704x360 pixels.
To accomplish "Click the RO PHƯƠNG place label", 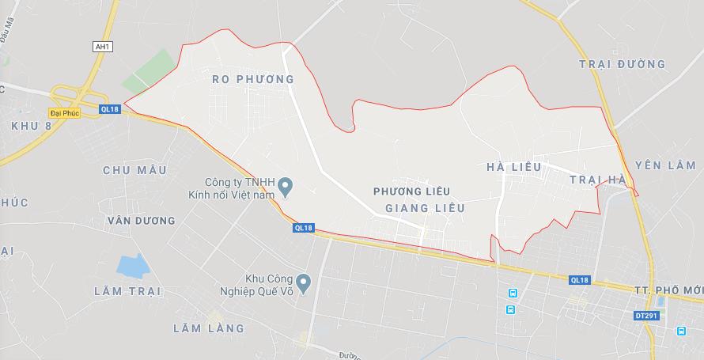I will (x=253, y=79).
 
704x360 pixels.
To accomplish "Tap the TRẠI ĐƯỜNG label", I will (x=623, y=64).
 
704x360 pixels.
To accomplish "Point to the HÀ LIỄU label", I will (x=514, y=167).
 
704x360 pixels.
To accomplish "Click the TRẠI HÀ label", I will (x=598, y=180).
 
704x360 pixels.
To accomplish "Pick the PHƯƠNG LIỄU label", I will (x=411, y=191).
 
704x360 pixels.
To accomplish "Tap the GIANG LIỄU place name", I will (x=424, y=207).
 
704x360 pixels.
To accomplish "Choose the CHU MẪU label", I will (x=134, y=170).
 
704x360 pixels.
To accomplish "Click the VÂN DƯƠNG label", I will (x=141, y=221).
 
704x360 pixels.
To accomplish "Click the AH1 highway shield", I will (x=102, y=47).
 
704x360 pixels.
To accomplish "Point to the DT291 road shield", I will (x=645, y=316).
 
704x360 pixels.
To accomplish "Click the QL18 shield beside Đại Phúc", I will (x=110, y=109).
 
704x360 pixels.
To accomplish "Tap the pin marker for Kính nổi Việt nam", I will (x=289, y=188).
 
